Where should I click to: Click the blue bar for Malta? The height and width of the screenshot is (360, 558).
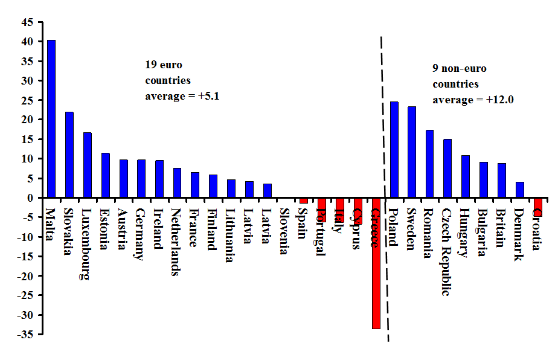(x=51, y=119)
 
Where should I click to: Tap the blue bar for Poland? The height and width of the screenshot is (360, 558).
(x=394, y=150)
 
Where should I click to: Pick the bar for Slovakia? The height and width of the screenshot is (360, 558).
(x=69, y=155)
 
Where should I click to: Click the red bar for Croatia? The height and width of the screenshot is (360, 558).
(x=537, y=207)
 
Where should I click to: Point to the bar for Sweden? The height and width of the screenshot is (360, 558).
(x=412, y=152)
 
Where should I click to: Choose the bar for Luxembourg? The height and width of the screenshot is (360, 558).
(x=88, y=165)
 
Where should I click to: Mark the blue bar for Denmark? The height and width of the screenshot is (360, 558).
(x=520, y=190)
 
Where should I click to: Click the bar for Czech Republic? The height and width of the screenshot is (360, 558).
(x=447, y=169)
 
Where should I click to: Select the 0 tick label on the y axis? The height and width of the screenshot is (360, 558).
(x=31, y=198)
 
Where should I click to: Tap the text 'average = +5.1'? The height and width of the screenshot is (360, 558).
(x=182, y=96)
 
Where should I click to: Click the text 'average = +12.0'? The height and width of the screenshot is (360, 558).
(x=473, y=100)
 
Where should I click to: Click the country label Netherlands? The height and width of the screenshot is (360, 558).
(x=176, y=242)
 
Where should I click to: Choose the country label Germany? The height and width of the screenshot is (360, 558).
(x=139, y=234)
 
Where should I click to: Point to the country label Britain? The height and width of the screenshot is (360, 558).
(x=501, y=228)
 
